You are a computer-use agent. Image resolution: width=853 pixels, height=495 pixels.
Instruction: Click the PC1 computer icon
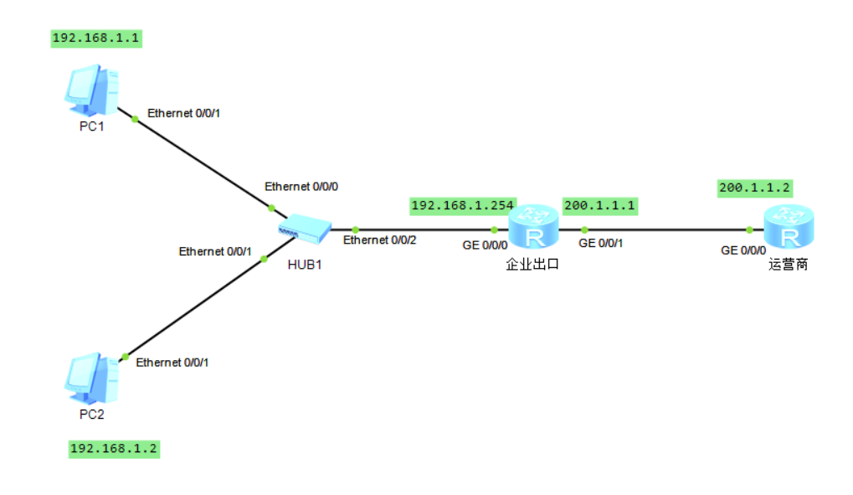[91, 90]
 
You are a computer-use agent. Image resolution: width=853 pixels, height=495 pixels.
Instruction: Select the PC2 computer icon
[91, 378]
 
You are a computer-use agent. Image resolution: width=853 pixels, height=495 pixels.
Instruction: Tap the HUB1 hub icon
[305, 229]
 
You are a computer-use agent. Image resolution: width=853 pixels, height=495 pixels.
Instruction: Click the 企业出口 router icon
[534, 227]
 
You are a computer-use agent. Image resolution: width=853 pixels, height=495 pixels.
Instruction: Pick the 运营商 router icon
[789, 227]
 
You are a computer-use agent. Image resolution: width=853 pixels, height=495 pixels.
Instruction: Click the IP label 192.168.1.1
[96, 39]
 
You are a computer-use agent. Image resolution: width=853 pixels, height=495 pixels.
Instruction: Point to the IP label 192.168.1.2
[114, 449]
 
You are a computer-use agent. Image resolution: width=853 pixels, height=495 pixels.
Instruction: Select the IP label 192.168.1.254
[463, 206]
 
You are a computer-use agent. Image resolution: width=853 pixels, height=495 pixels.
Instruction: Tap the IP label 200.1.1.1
[599, 206]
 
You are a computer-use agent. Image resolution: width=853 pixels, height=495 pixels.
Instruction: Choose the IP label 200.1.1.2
[754, 188]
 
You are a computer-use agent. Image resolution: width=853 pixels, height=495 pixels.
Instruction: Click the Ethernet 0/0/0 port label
[301, 187]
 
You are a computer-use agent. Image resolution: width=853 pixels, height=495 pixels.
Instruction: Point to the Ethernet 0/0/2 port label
[380, 240]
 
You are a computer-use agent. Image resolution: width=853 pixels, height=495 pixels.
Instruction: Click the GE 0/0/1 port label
[600, 244]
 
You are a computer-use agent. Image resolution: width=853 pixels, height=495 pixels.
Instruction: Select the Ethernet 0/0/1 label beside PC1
[184, 113]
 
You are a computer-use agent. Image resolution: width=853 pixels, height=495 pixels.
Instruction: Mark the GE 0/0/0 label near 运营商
[743, 250]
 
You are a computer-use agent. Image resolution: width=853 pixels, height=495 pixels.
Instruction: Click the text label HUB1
[305, 265]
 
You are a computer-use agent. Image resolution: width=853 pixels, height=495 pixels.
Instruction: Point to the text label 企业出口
[532, 265]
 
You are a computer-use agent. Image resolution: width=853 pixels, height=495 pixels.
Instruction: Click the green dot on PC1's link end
[135, 119]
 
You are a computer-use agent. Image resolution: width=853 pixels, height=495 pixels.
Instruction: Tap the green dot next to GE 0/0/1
[585, 229]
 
